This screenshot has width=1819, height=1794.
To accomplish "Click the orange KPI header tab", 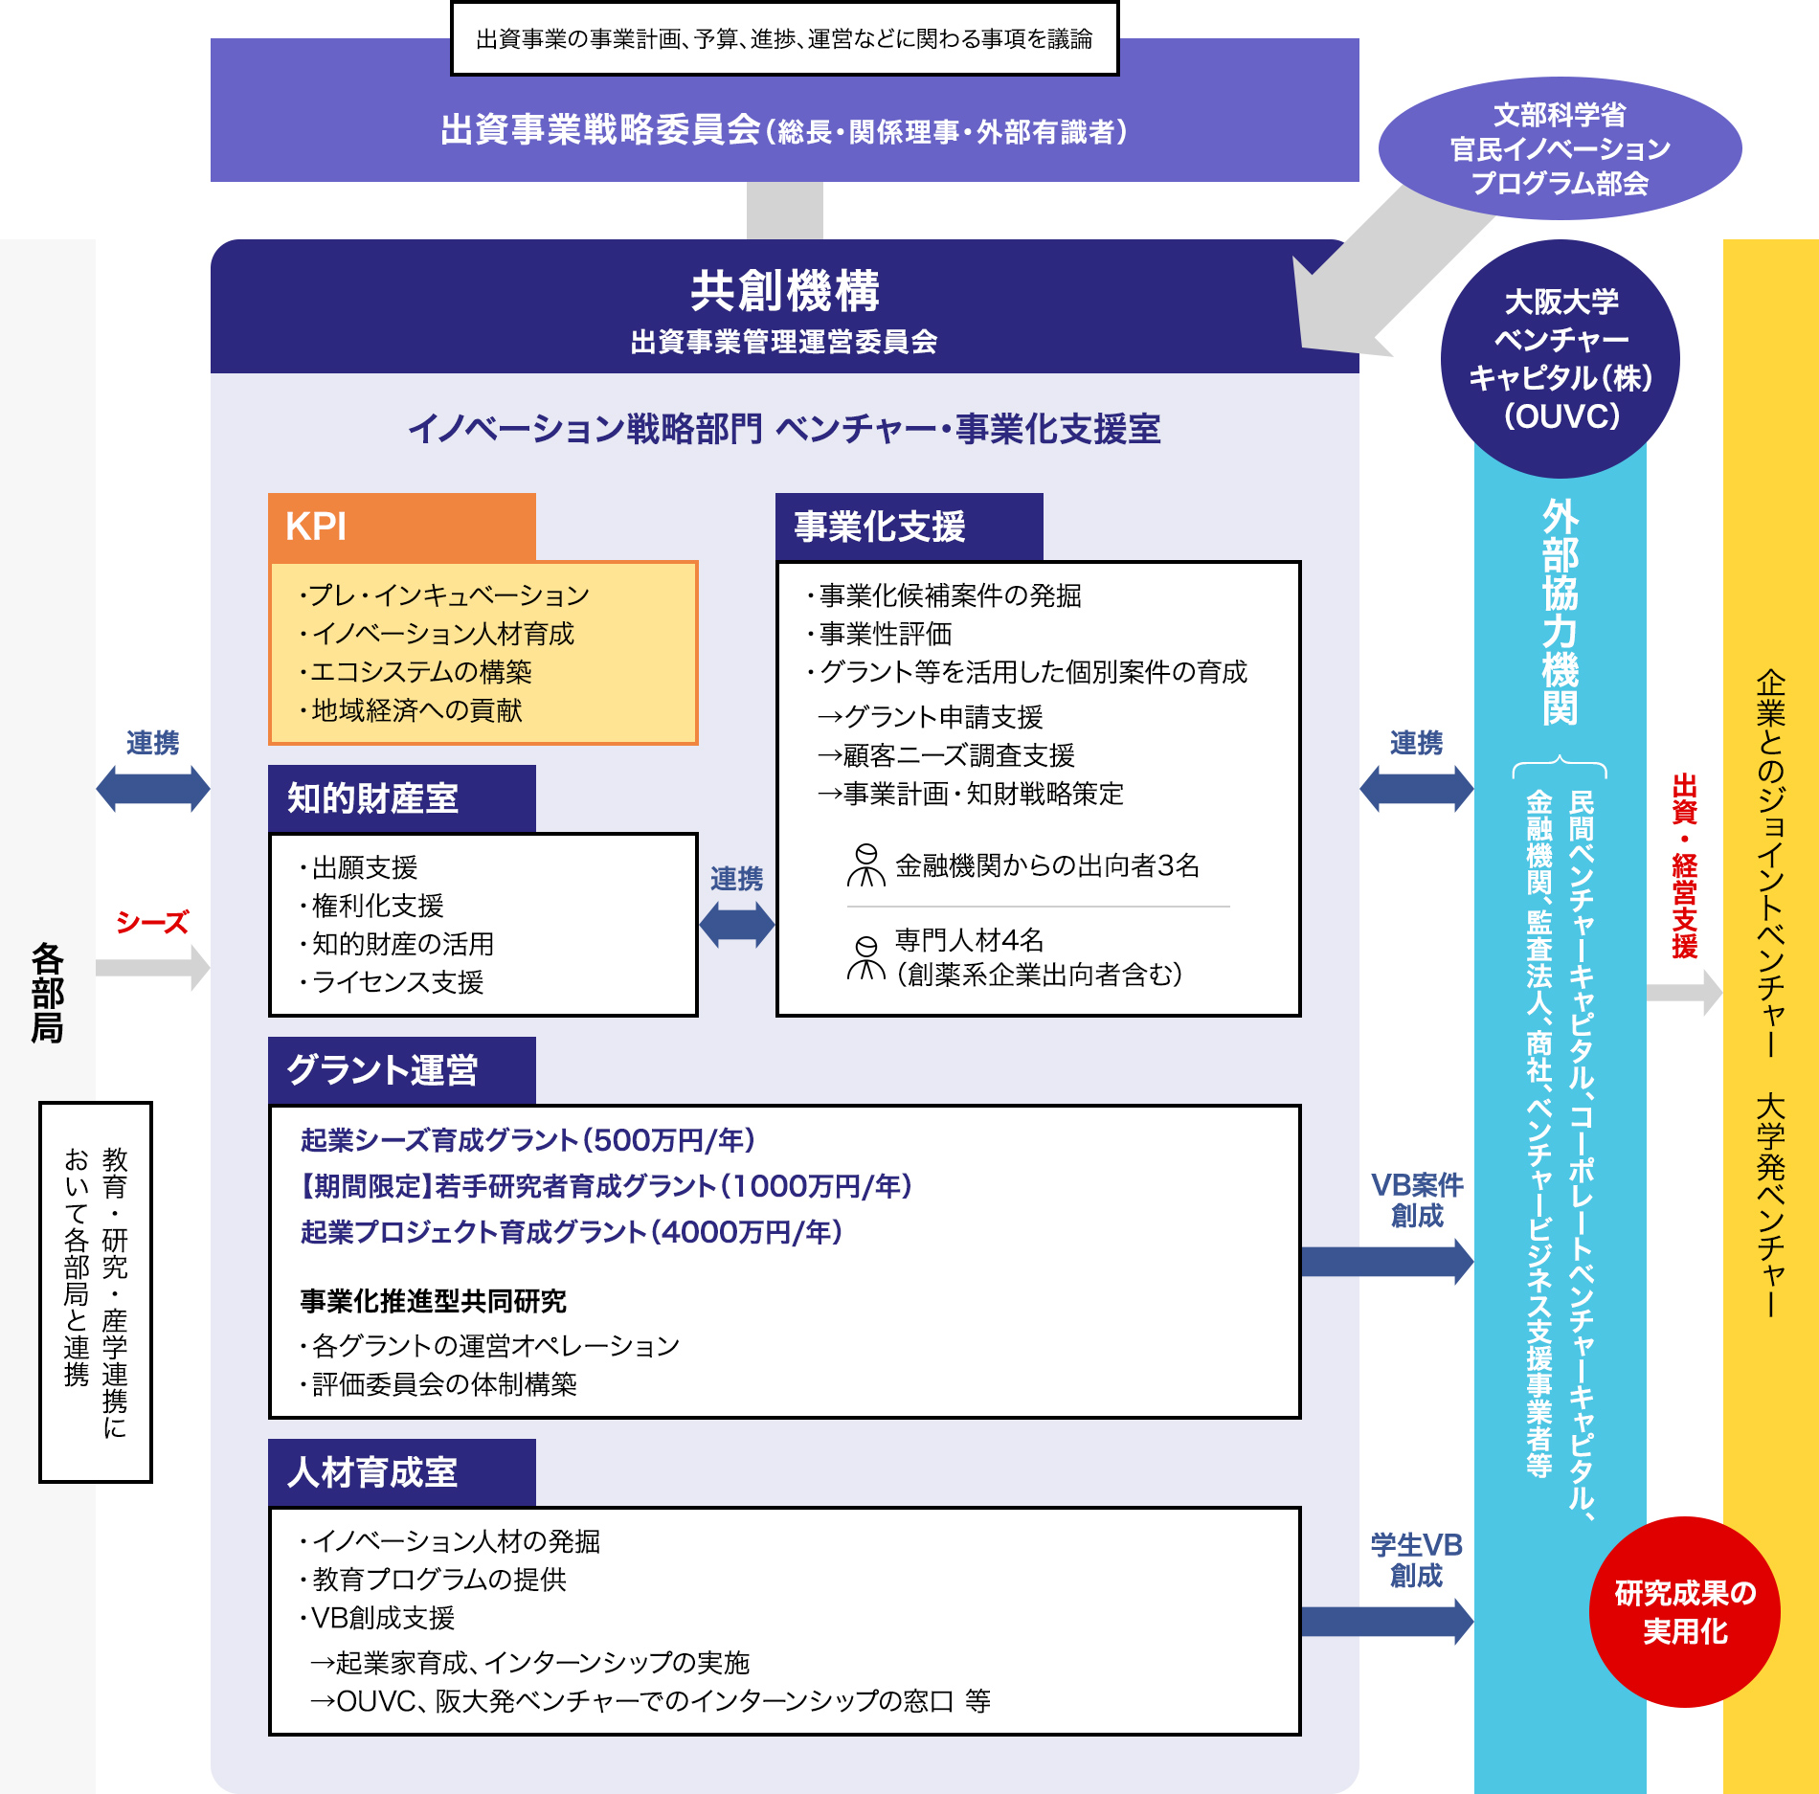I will point(401,527).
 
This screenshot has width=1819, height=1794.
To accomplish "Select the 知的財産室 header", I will point(401,798).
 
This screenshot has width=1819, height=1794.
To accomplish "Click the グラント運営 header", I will point(401,1070).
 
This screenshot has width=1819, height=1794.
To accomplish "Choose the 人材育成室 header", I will point(401,1472).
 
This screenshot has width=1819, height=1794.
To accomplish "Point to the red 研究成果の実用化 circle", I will point(1684,1612).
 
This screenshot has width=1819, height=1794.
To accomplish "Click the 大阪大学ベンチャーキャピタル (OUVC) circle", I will point(1561,359).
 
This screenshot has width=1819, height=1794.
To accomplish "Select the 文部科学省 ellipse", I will point(1560,148).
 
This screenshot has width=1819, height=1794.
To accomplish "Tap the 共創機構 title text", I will point(784,291).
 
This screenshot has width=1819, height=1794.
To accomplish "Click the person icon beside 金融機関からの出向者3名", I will point(865,865).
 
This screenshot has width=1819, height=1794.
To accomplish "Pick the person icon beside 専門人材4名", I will point(865,958).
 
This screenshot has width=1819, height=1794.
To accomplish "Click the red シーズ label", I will point(152,922).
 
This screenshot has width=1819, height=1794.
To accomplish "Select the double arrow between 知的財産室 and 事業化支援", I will point(736,925).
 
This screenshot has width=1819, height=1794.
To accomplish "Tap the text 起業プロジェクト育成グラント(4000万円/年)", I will point(572,1232).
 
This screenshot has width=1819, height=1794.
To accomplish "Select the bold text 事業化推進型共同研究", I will point(433,1301).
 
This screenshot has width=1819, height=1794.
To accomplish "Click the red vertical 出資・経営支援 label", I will point(1684,866).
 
